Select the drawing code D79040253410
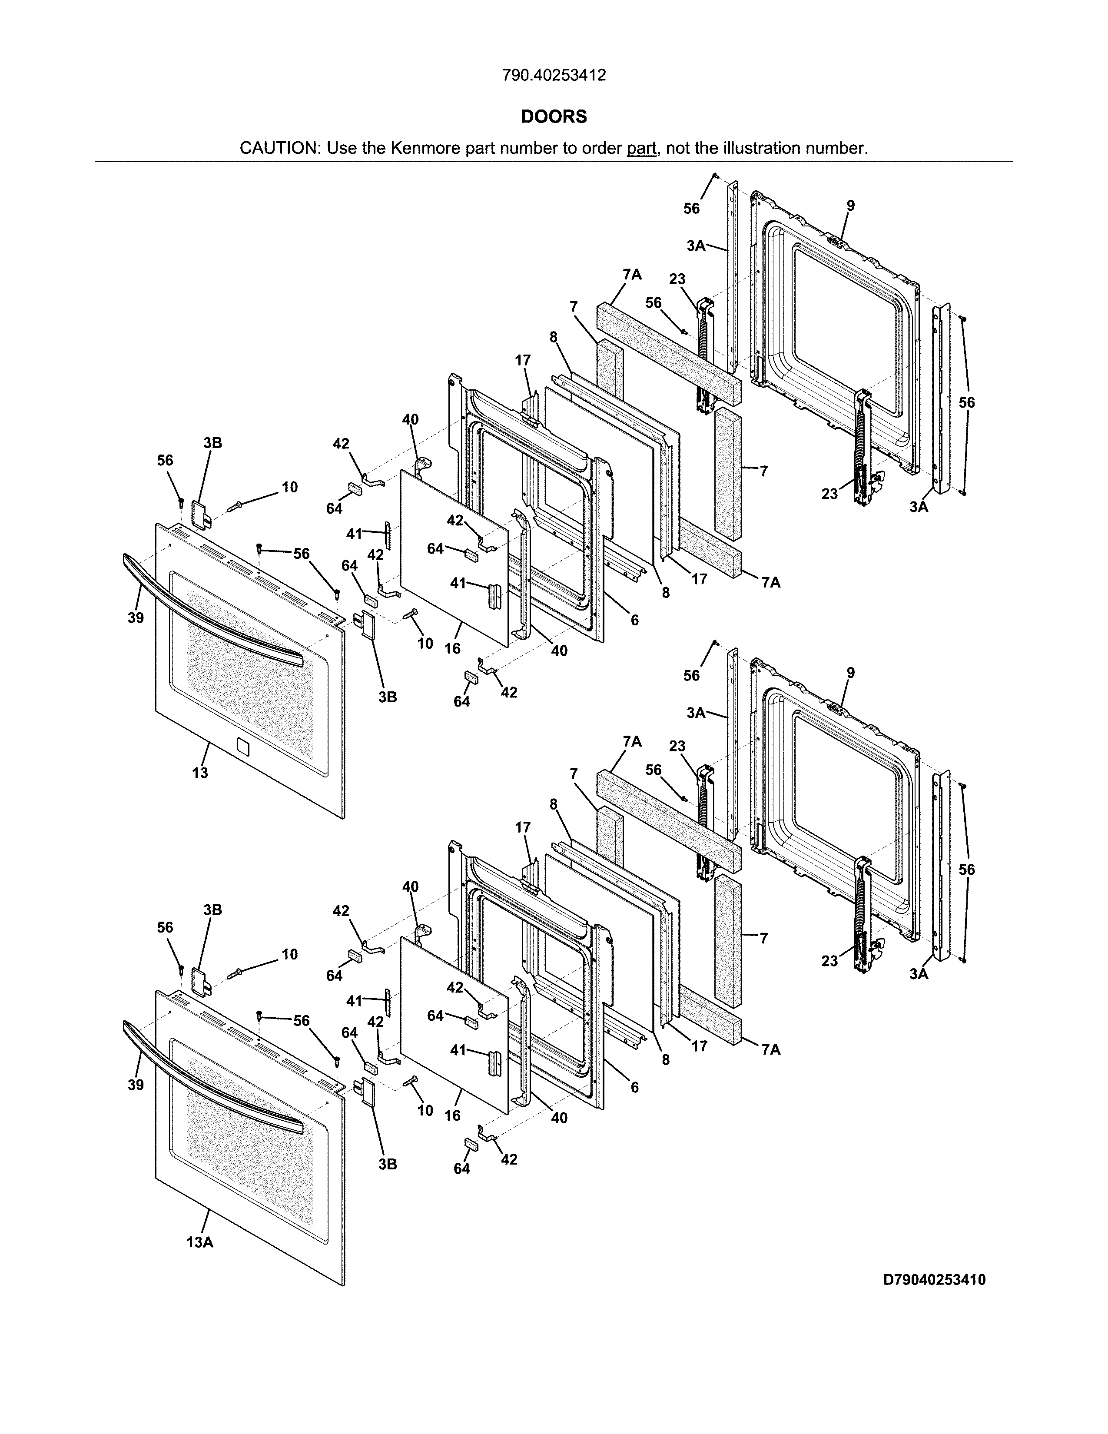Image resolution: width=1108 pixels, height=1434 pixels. coord(934,1280)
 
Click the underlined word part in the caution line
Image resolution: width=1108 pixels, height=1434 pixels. coord(641,148)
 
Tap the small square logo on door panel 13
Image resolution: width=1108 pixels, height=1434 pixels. coord(242,747)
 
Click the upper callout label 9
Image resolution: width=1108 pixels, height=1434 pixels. coord(851,206)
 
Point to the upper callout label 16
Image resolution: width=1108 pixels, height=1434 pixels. coord(452,648)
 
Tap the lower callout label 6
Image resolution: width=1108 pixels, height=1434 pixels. coord(634,1087)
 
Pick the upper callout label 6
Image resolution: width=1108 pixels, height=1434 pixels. coord(634,619)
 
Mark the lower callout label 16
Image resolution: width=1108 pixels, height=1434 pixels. coord(452,1115)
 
